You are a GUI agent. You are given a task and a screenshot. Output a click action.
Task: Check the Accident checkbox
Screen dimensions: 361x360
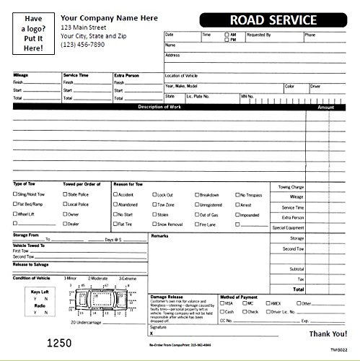pos(114,195)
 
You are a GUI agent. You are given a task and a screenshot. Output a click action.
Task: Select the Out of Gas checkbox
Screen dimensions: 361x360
pos(196,214)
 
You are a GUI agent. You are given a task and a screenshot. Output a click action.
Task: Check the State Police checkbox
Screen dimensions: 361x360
pos(65,194)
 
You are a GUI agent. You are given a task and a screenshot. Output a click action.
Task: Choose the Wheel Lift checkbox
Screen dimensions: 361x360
pos(15,214)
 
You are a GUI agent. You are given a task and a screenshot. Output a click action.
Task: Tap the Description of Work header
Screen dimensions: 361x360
pos(162,108)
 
